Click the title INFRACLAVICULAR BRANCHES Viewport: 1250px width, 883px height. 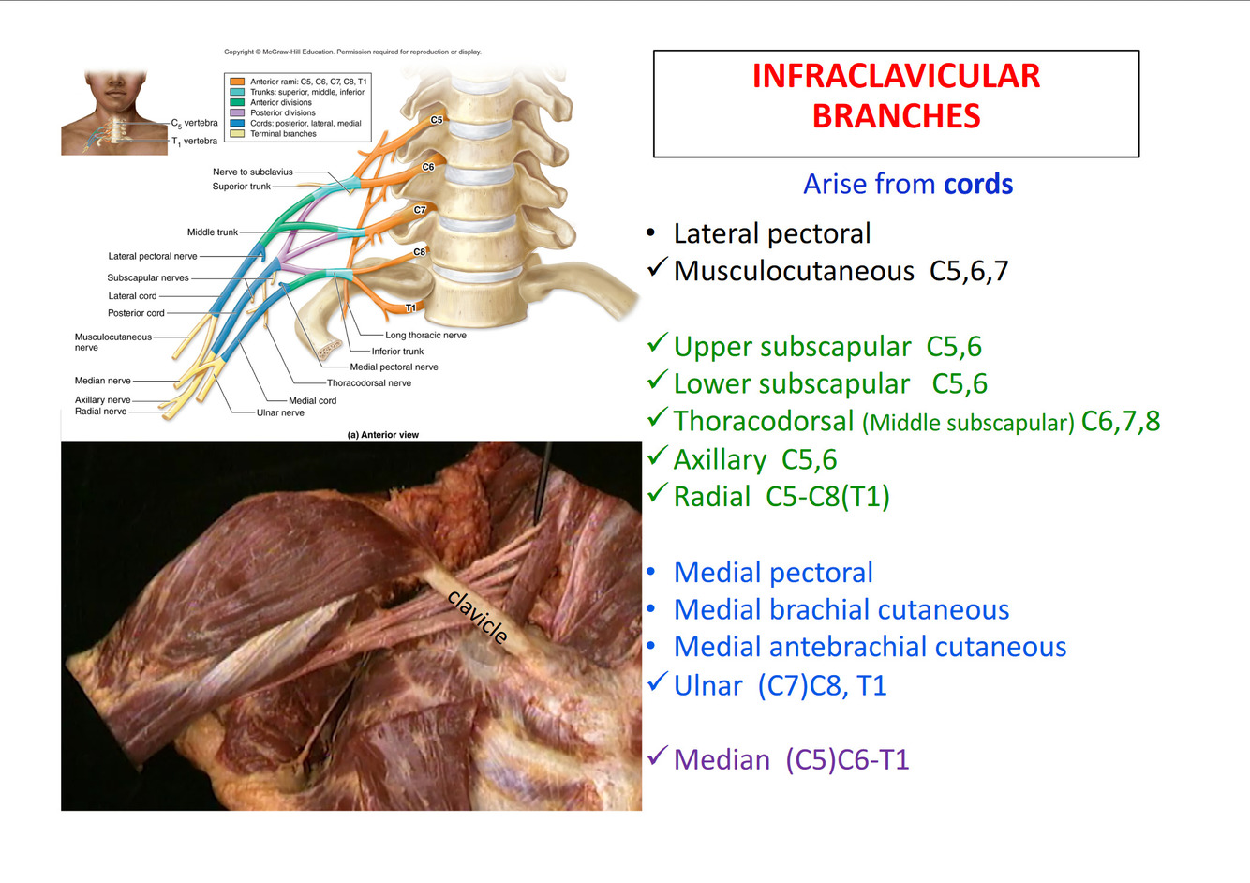(896, 96)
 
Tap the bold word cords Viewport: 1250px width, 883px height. (978, 184)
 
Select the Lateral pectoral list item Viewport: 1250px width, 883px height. (772, 233)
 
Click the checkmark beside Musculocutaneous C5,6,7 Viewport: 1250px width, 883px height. (657, 268)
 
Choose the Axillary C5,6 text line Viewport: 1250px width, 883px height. (754, 459)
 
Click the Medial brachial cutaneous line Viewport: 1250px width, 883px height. (841, 610)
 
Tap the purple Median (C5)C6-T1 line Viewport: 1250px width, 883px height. (791, 759)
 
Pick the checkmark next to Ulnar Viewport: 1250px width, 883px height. (657, 682)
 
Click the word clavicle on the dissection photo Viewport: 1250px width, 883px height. (479, 617)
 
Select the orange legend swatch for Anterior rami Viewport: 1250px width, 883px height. (237, 82)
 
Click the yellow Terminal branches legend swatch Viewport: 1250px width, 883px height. (237, 133)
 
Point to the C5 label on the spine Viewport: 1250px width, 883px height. (437, 120)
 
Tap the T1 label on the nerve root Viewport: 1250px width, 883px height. (410, 307)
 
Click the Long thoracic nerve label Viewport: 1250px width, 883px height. (425, 335)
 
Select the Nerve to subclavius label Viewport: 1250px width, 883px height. (253, 172)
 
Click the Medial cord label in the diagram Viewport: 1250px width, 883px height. (312, 400)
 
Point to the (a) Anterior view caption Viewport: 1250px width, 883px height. (383, 435)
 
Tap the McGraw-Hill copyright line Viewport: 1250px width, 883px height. (352, 52)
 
